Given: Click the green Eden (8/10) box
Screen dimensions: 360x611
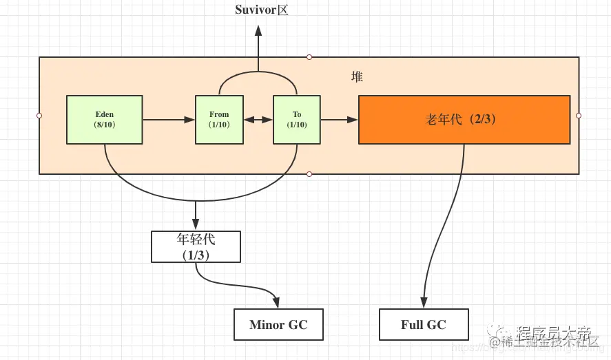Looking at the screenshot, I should click(104, 120).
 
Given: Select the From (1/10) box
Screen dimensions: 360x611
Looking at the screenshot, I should click(219, 120).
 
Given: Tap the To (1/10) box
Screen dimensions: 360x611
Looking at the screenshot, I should click(297, 120).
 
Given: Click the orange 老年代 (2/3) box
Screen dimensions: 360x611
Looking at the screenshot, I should click(464, 120).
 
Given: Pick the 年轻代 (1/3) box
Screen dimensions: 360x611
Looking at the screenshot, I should click(196, 246).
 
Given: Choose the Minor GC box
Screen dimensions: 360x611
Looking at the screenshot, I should click(278, 324).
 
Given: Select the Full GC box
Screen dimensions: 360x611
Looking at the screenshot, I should click(424, 324).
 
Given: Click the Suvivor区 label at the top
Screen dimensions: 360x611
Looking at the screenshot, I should click(261, 10).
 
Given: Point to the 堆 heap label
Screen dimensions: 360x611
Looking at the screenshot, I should click(357, 76).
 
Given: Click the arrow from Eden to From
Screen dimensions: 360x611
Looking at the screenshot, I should click(169, 120).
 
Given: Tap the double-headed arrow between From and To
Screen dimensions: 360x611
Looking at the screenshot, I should click(258, 120).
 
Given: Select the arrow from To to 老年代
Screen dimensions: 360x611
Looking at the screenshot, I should click(340, 120).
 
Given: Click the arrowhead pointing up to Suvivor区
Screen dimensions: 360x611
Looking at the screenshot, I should click(258, 31).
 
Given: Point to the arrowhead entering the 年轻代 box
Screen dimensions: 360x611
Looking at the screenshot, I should click(196, 225).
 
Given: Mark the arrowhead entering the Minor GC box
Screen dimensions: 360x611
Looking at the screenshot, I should click(278, 304).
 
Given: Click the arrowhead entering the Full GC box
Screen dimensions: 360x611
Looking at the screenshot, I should click(424, 304).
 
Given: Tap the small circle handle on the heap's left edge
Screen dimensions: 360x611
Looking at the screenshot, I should click(39, 116).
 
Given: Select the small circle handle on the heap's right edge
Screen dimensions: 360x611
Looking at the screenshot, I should click(579, 116).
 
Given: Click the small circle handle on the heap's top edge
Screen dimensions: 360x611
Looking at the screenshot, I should click(309, 57).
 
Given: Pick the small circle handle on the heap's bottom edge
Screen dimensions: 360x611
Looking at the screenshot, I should click(309, 174).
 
